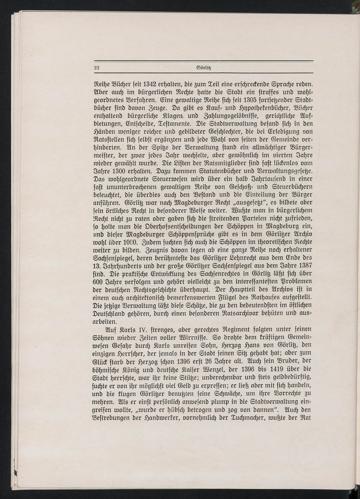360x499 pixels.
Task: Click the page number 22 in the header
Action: [x=96, y=67]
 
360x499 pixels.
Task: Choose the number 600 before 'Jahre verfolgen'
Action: [x=98, y=281]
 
